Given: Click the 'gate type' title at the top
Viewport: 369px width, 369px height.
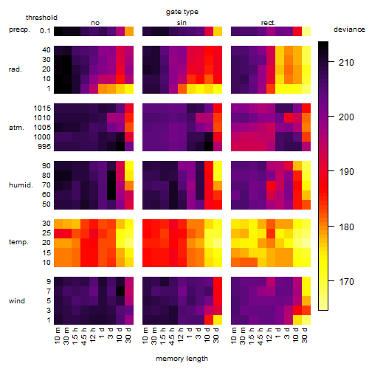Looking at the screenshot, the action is pos(182,12).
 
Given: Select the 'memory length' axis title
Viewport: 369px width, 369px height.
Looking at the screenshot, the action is pos(182,359).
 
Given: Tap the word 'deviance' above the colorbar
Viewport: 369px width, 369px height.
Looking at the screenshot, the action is pos(349,30).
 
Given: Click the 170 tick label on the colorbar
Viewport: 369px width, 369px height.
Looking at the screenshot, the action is pos(346,281).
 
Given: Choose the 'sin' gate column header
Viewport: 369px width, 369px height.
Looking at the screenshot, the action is pos(182,23).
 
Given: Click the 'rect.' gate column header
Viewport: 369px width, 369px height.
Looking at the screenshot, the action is pos(268,23).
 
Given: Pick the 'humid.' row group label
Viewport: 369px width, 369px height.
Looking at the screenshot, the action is pos(21,185).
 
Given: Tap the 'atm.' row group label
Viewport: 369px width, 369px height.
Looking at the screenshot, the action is pos(16,128).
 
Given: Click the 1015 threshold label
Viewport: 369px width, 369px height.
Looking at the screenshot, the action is pos(42,108).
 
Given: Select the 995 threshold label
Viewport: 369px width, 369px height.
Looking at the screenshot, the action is pos(44,147).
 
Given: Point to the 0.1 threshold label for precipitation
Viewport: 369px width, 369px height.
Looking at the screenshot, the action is pos(45,31).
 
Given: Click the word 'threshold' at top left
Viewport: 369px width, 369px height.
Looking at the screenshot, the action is pos(41,18).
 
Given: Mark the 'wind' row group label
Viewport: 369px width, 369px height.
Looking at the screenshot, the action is pos(17,301).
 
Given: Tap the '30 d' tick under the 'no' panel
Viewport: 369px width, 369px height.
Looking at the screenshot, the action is pos(128,335).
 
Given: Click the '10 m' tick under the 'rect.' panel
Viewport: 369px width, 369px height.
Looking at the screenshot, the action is pos(234,335).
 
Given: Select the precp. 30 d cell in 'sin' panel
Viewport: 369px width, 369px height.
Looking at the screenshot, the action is pos(218,31).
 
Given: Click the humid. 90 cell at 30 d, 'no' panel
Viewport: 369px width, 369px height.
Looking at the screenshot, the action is pos(129,166).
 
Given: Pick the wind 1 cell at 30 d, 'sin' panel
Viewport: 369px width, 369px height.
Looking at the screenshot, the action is pos(218,320).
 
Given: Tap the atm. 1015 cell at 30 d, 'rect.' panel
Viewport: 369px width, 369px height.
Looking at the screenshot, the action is pos(306,108).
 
